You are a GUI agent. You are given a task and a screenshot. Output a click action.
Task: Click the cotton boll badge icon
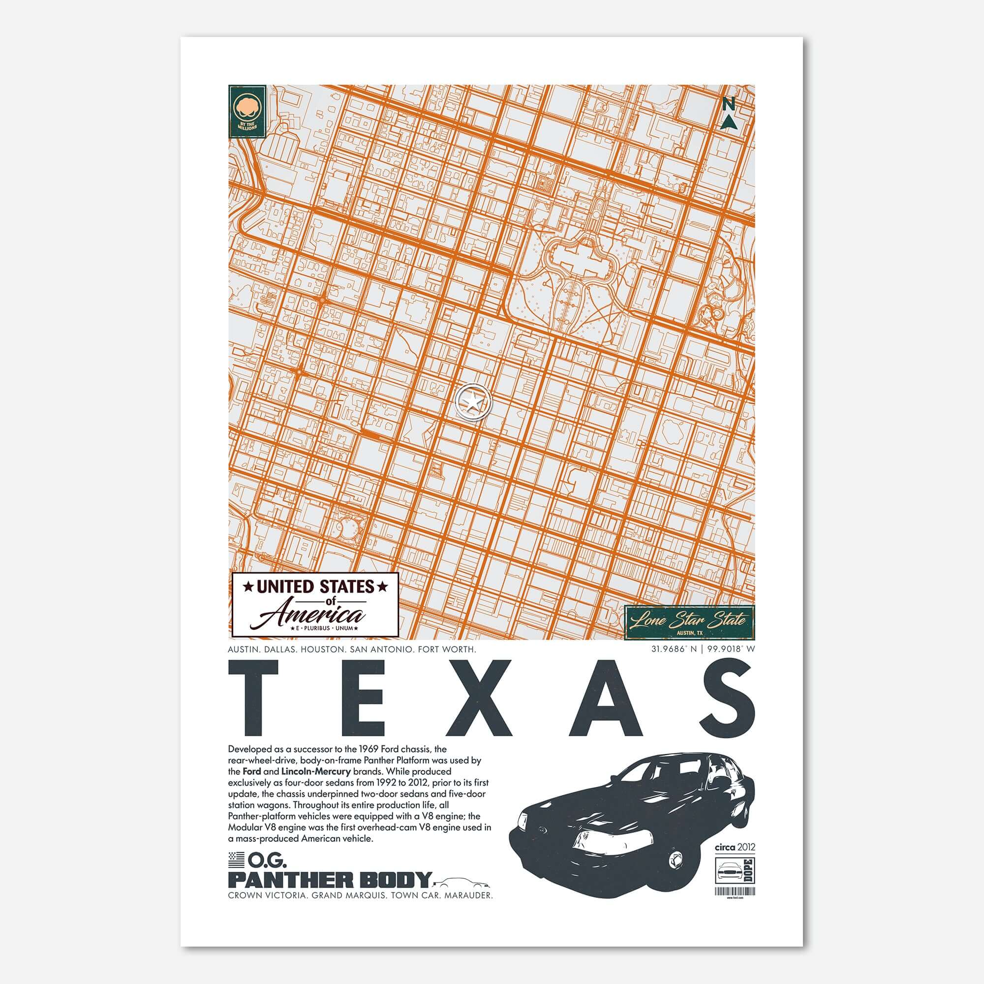click(246, 108)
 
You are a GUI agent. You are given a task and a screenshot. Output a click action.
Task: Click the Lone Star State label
click(689, 620)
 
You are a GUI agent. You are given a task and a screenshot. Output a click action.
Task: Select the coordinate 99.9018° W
click(730, 649)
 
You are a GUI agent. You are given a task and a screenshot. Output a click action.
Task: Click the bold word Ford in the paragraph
click(252, 786)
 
